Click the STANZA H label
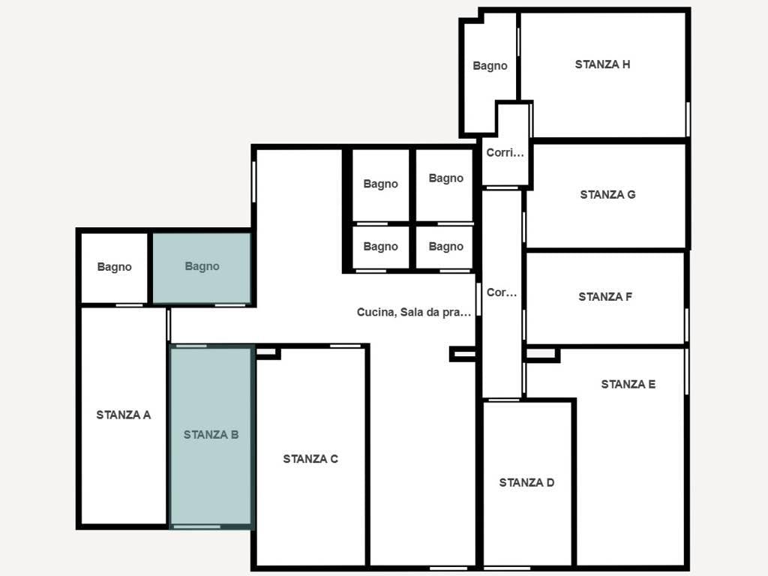pyautogui.click(x=602, y=64)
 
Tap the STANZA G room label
pyautogui.click(x=607, y=195)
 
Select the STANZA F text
pyautogui.click(x=605, y=297)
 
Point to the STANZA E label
pyautogui.click(x=628, y=385)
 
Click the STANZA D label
pyautogui.click(x=526, y=483)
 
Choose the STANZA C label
pyautogui.click(x=310, y=459)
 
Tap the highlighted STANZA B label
pyautogui.click(x=211, y=434)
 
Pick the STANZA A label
pyautogui.click(x=124, y=415)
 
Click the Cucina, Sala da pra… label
pyautogui.click(x=414, y=313)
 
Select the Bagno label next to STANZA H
pyautogui.click(x=490, y=66)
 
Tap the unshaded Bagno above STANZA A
pyautogui.click(x=114, y=267)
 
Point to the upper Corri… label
pyautogui.click(x=505, y=153)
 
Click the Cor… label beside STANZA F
pyautogui.click(x=502, y=293)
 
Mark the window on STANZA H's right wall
pyautogui.click(x=687, y=118)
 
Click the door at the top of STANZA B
pyautogui.click(x=191, y=346)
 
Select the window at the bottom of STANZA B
pyautogui.click(x=196, y=527)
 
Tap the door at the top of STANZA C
pyautogui.click(x=345, y=346)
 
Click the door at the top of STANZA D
pyautogui.click(x=503, y=400)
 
